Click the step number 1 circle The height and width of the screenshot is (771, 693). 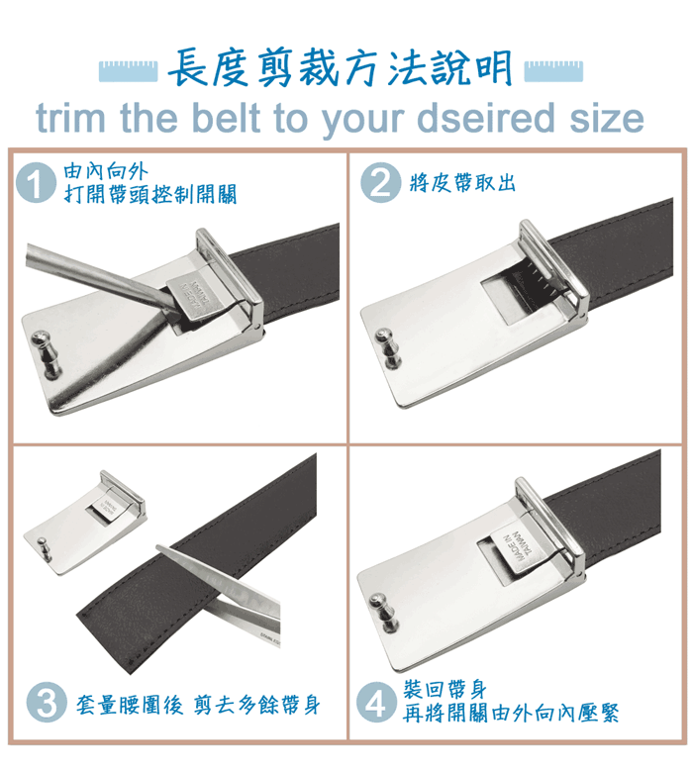click(36, 182)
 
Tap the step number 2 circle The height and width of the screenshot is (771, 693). click(380, 182)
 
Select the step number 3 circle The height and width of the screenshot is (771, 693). click(47, 702)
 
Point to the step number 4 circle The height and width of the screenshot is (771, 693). click(376, 702)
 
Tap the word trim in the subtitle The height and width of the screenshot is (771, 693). click(71, 118)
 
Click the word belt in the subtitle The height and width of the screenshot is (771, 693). click(226, 118)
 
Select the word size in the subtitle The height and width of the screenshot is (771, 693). click(607, 118)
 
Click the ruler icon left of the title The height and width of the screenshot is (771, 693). click(129, 71)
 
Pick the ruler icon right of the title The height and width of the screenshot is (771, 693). click(553, 71)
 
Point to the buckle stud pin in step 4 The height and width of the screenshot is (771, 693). click(385, 613)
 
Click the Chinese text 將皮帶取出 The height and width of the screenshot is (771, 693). click(462, 183)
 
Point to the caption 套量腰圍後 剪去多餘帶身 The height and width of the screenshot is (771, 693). click(198, 705)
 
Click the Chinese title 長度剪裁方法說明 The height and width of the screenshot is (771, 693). click(341, 68)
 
